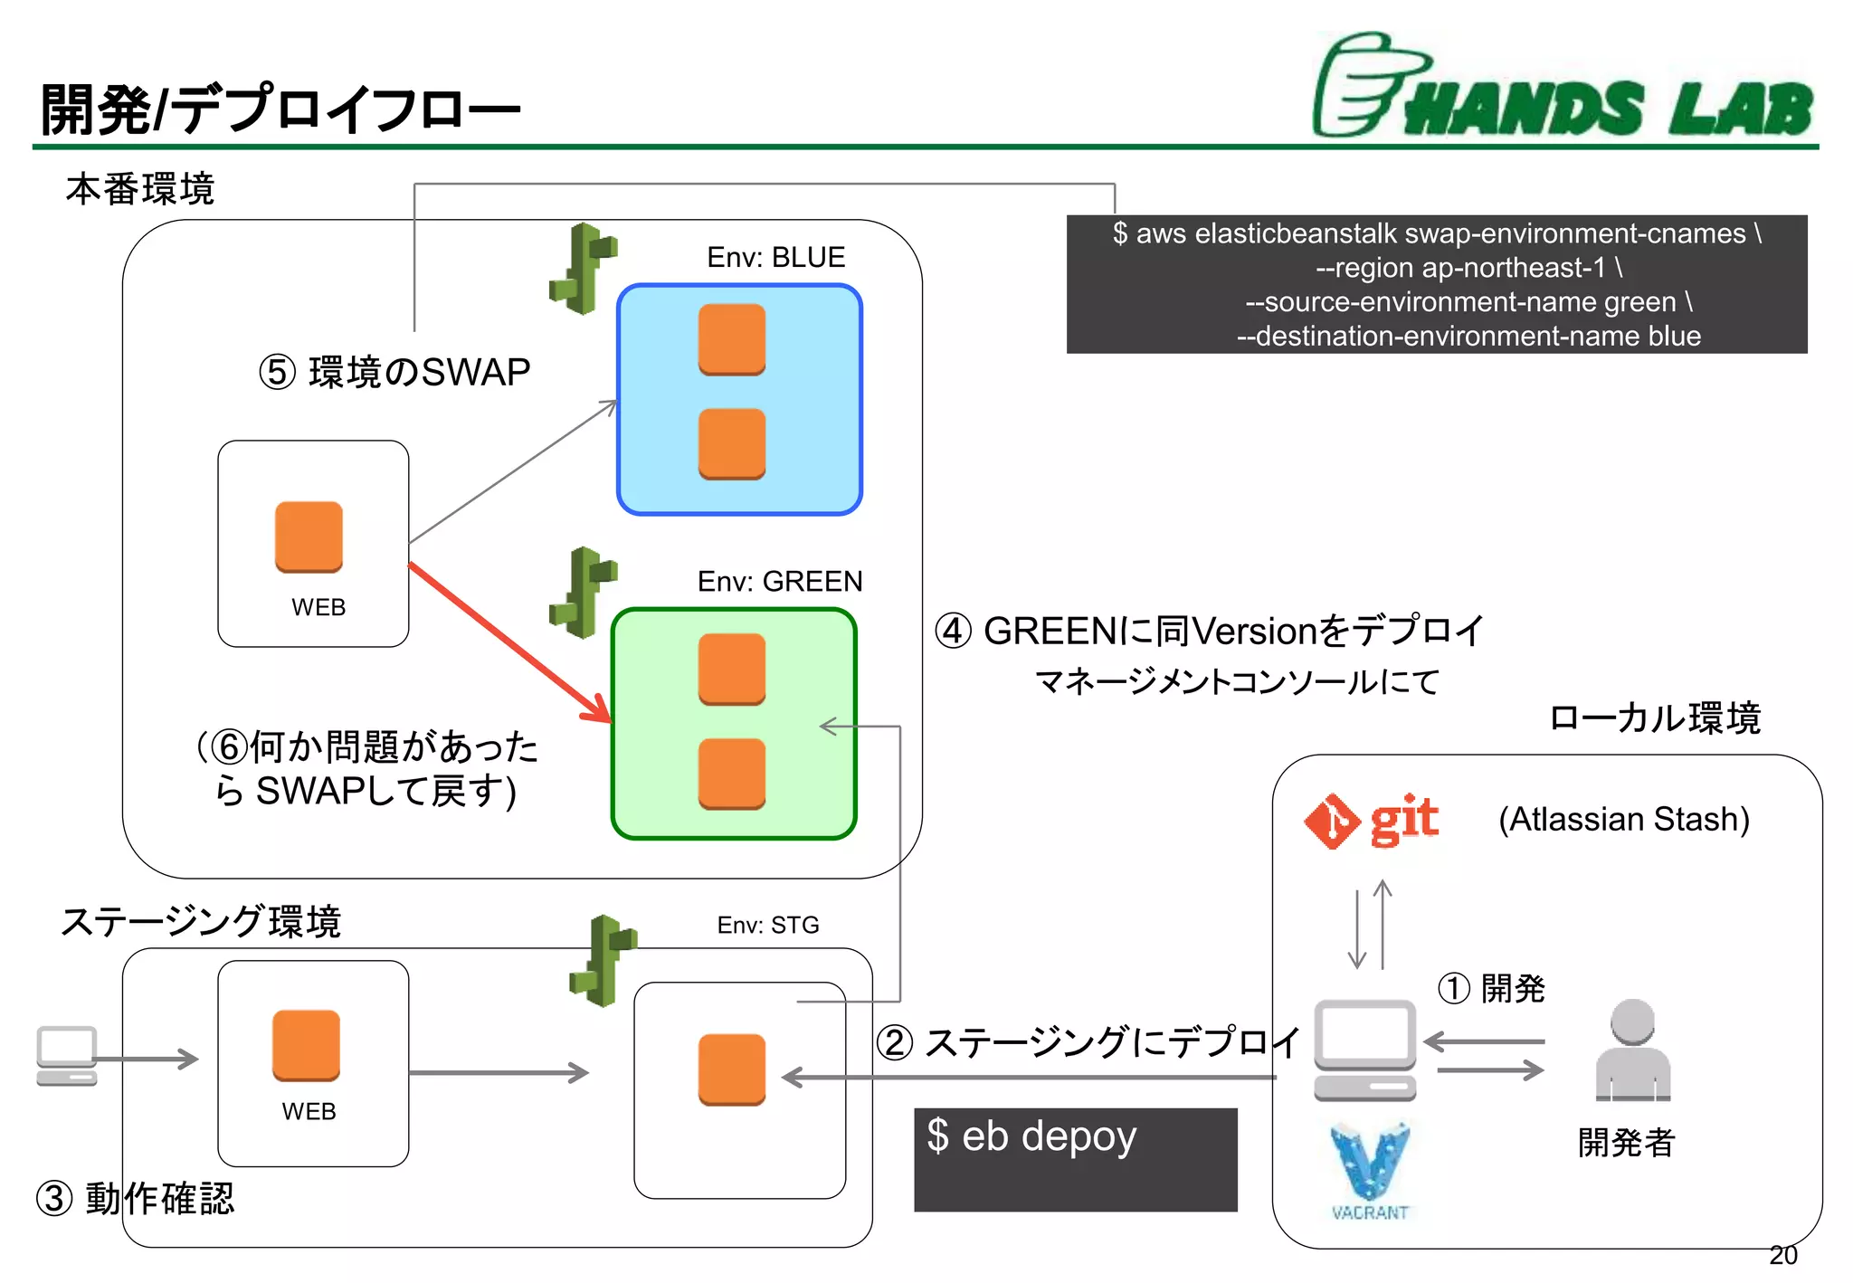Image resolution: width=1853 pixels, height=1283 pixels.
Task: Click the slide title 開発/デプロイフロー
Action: tap(280, 109)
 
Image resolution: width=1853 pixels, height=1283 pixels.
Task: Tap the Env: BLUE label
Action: tap(775, 257)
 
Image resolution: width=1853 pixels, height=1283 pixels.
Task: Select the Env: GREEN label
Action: tap(779, 581)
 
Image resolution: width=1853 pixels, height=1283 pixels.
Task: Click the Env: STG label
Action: tap(767, 925)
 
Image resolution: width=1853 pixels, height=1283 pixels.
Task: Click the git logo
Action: tap(1372, 821)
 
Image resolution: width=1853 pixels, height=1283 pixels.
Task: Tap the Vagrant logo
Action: tap(1370, 1171)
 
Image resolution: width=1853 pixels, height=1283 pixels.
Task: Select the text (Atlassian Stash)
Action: tap(1624, 819)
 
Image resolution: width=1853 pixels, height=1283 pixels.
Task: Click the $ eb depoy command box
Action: tap(1075, 1158)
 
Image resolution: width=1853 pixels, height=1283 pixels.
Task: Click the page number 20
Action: tap(1782, 1255)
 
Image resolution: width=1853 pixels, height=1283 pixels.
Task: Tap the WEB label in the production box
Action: tap(318, 607)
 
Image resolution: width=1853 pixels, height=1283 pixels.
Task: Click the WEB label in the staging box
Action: tap(309, 1111)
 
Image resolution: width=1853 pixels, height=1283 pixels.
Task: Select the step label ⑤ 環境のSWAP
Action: tap(394, 373)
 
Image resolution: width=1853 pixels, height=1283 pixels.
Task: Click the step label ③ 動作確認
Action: tap(136, 1198)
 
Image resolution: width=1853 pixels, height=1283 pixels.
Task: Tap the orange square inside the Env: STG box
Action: tap(731, 1069)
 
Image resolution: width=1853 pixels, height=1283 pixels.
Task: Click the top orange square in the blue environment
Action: tap(731, 339)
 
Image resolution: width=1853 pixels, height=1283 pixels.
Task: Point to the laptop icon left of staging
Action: tap(67, 1055)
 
